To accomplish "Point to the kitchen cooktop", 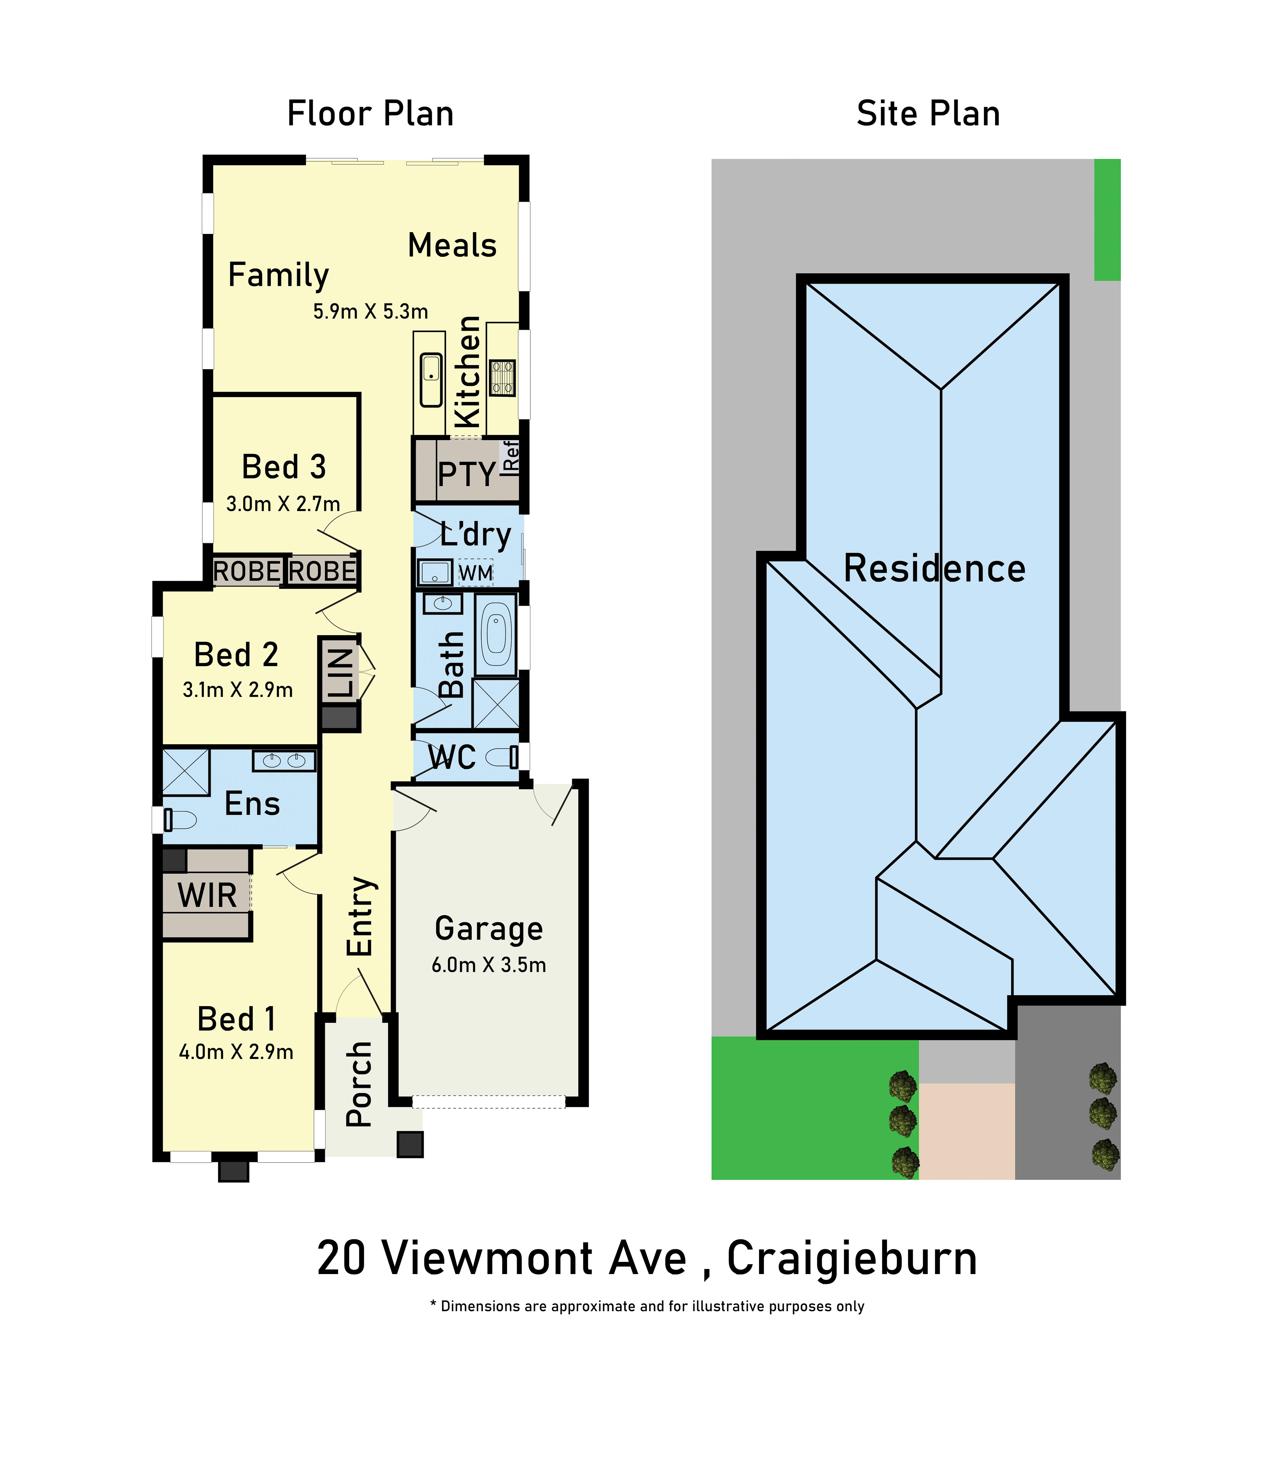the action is [x=502, y=377].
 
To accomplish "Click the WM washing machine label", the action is [x=476, y=573].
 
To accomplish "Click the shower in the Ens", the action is [x=186, y=772].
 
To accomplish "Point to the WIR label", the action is [x=207, y=895].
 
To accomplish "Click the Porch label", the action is [x=359, y=1084].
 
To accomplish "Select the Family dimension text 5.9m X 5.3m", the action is [x=370, y=312].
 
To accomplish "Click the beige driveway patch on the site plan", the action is [x=966, y=1131].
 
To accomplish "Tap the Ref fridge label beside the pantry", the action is [x=511, y=456].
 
